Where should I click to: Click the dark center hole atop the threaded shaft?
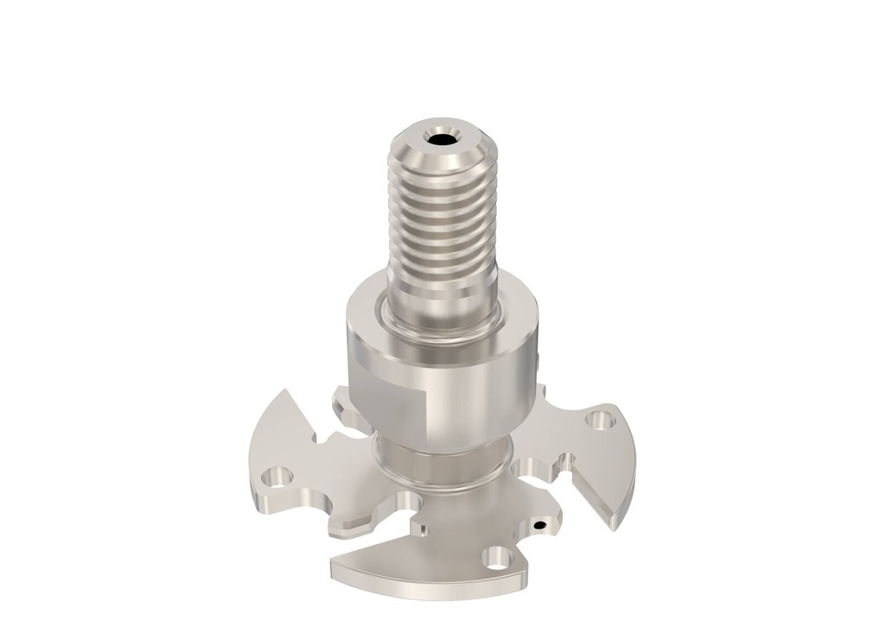pos(442,138)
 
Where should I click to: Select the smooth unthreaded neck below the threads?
pos(442,299)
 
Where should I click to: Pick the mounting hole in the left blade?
pos(277,476)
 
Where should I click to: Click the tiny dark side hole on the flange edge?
pos(539,523)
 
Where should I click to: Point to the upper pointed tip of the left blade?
pos(284,393)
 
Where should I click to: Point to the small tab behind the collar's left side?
pos(341,399)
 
